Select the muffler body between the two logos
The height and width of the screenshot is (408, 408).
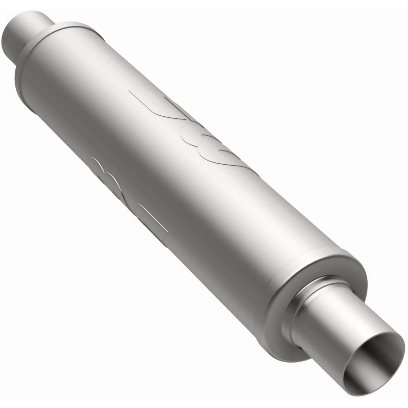tap(163, 163)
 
